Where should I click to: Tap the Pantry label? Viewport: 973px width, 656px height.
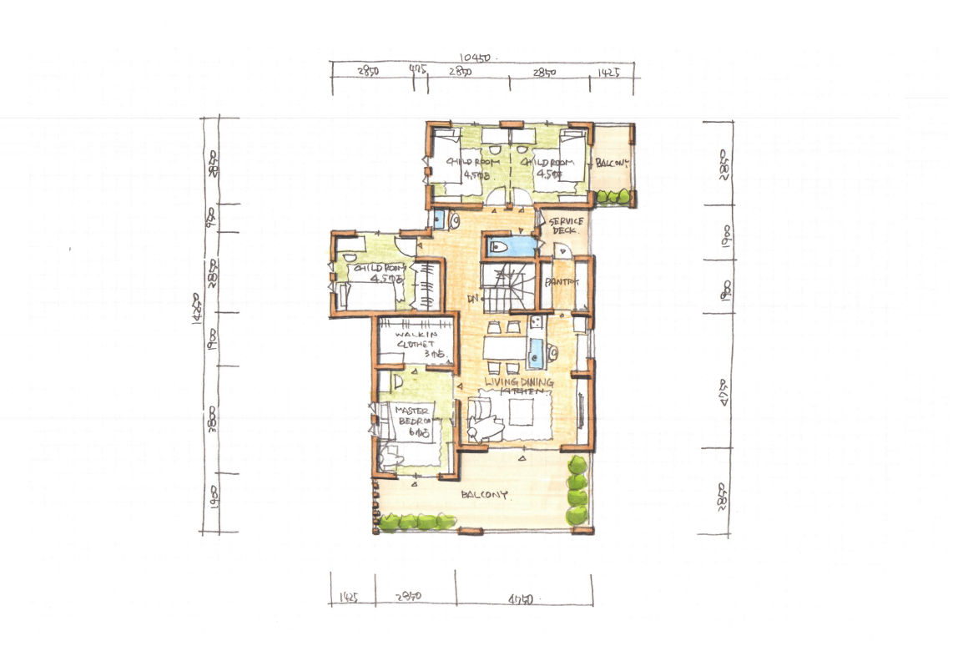pyautogui.click(x=562, y=282)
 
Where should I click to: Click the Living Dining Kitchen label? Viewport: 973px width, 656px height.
pyautogui.click(x=519, y=386)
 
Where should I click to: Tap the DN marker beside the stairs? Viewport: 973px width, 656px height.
pyautogui.click(x=472, y=297)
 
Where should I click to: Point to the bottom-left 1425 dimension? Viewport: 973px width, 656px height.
pyautogui.click(x=350, y=598)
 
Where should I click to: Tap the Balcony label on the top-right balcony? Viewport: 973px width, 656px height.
pyautogui.click(x=612, y=163)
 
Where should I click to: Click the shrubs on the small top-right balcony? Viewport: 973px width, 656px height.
pyautogui.click(x=613, y=196)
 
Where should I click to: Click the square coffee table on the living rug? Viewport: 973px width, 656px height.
pyautogui.click(x=522, y=411)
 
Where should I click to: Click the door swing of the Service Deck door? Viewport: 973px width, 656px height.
pyautogui.click(x=561, y=250)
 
